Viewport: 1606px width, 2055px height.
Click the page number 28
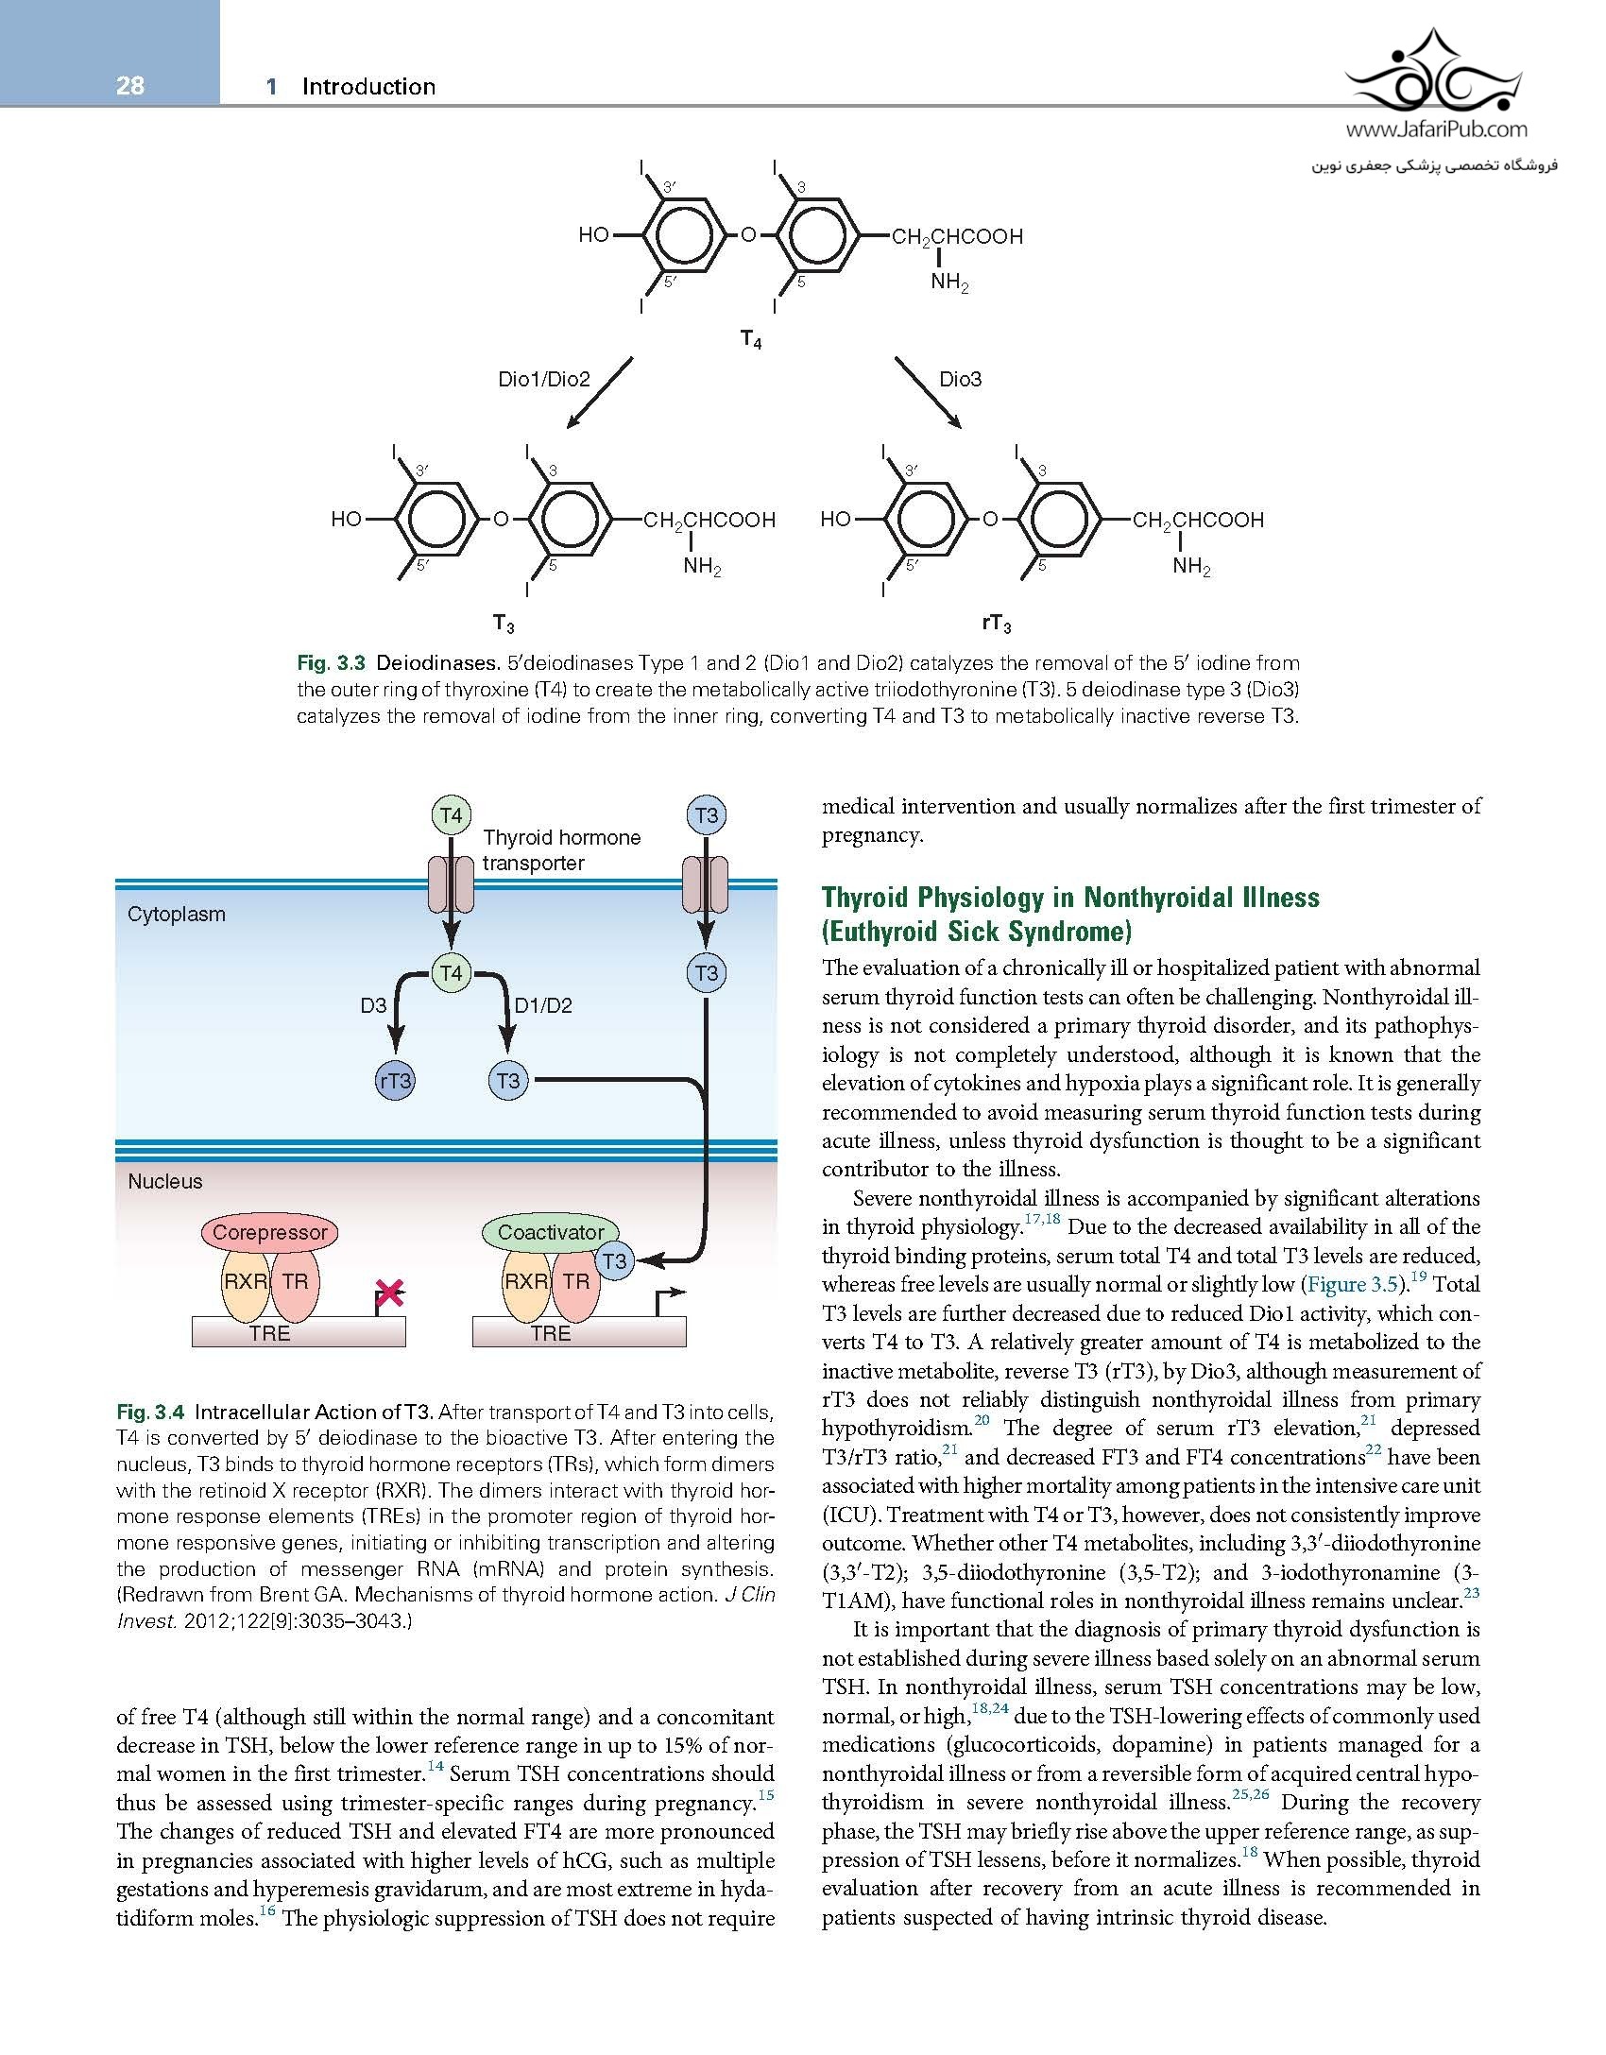click(x=130, y=87)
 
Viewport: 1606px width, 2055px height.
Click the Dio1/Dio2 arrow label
click(x=543, y=379)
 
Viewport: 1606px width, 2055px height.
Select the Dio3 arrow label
click(x=960, y=379)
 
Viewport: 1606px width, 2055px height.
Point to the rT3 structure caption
click(x=996, y=624)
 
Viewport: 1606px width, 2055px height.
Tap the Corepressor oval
click(x=269, y=1232)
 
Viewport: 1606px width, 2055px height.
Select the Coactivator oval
click(x=550, y=1232)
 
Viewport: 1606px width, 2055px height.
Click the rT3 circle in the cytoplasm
click(x=395, y=1081)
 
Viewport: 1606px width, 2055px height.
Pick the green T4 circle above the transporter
click(x=452, y=815)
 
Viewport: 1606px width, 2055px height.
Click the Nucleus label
click(x=165, y=1181)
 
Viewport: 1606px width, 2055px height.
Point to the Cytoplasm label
click(x=177, y=915)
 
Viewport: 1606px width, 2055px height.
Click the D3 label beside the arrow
click(x=373, y=1005)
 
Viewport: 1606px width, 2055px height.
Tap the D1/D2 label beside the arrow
click(x=543, y=1005)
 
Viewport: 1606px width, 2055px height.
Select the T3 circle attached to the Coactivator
click(x=614, y=1260)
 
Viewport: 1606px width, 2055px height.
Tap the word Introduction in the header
click(x=368, y=87)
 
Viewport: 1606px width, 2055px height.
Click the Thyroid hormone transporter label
click(x=561, y=849)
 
